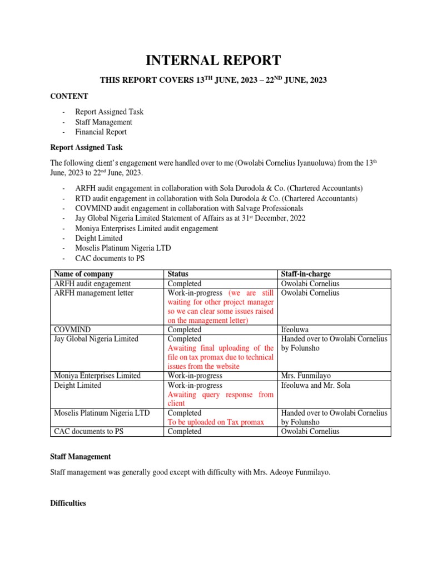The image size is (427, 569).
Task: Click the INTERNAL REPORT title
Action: click(213, 60)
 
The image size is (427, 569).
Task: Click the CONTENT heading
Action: click(69, 96)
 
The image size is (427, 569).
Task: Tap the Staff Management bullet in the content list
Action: click(103, 122)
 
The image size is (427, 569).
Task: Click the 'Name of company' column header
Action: click(82, 274)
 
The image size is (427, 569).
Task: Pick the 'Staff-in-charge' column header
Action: click(306, 274)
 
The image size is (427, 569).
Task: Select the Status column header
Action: click(178, 274)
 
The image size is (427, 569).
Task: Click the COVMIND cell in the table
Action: click(71, 330)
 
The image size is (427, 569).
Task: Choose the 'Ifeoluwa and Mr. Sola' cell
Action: click(316, 385)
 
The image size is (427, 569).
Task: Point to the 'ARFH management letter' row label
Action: click(93, 293)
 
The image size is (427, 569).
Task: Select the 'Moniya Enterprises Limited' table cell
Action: click(97, 376)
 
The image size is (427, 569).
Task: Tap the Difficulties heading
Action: click(68, 503)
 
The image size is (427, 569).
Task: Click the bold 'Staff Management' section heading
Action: click(81, 456)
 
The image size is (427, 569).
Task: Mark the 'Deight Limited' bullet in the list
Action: click(98, 238)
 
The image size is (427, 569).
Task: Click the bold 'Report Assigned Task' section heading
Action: click(86, 147)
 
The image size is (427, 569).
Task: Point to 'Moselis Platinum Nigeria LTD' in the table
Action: click(101, 413)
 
